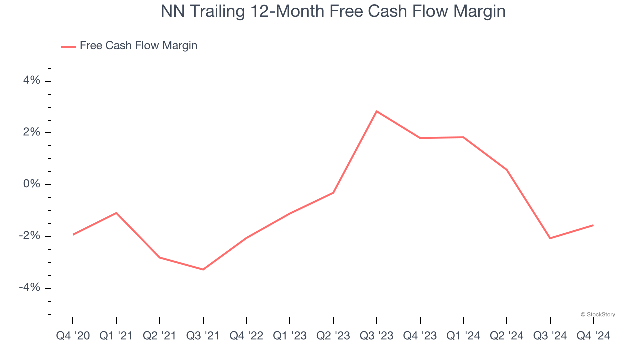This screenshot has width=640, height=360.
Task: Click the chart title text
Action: click(333, 11)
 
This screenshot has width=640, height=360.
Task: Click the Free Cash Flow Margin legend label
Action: click(138, 46)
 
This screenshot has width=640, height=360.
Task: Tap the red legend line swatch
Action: click(68, 46)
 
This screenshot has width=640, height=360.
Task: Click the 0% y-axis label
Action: click(31, 184)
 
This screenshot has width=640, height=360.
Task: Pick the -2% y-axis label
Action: click(29, 236)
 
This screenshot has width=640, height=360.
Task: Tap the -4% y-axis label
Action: click(29, 287)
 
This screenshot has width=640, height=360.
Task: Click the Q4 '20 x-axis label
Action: click(73, 336)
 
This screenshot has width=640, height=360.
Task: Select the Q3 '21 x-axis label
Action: click(203, 336)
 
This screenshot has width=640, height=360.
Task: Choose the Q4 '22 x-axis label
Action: click(247, 336)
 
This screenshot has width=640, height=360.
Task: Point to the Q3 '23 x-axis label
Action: click(377, 336)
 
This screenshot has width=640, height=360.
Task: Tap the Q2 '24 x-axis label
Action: click(507, 336)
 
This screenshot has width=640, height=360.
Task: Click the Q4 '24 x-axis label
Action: click(593, 336)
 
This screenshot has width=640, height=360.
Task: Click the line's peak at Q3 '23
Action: click(377, 111)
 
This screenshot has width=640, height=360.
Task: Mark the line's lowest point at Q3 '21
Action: click(203, 270)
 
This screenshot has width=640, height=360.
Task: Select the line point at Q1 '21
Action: click(116, 213)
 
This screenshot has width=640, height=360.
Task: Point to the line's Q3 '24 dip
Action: click(550, 238)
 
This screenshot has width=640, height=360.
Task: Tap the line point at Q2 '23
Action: click(333, 193)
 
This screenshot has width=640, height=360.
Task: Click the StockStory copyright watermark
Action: click(598, 315)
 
